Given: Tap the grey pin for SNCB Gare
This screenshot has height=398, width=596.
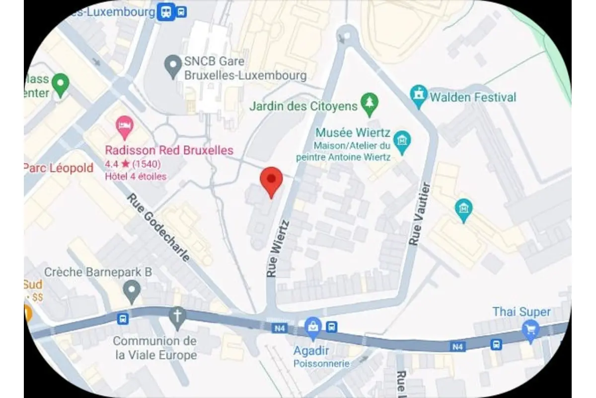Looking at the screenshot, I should click(x=173, y=66).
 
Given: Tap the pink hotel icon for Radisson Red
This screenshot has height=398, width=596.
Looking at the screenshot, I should click(x=124, y=126).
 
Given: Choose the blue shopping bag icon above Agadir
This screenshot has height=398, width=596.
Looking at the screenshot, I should click(x=312, y=326).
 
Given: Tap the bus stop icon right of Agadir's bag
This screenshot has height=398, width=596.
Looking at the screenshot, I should click(x=332, y=327).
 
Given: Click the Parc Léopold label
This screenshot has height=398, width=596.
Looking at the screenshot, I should click(x=59, y=168).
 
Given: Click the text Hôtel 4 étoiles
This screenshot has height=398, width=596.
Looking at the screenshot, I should click(x=136, y=176).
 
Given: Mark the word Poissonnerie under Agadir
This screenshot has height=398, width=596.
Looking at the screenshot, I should click(x=321, y=363).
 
